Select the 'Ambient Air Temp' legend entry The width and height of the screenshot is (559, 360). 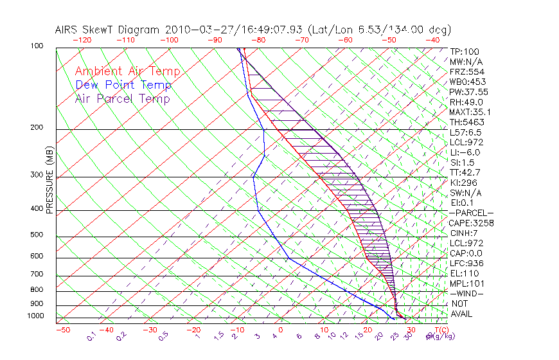[127, 71]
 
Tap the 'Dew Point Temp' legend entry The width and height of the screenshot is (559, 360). [123, 85]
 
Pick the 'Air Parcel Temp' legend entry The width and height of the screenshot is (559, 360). [122, 98]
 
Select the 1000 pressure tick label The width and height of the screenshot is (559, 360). [37, 316]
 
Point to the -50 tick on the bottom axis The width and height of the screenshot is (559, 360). [63, 330]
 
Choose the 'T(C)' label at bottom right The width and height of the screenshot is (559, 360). [440, 330]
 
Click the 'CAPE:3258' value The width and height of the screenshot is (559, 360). [471, 223]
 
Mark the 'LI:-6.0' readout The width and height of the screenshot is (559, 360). [465, 152]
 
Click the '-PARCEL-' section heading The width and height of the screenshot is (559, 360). [471, 213]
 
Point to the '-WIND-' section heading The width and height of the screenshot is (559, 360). [466, 293]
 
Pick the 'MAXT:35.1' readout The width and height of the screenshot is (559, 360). [469, 112]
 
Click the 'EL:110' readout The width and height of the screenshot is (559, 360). [462, 273]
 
